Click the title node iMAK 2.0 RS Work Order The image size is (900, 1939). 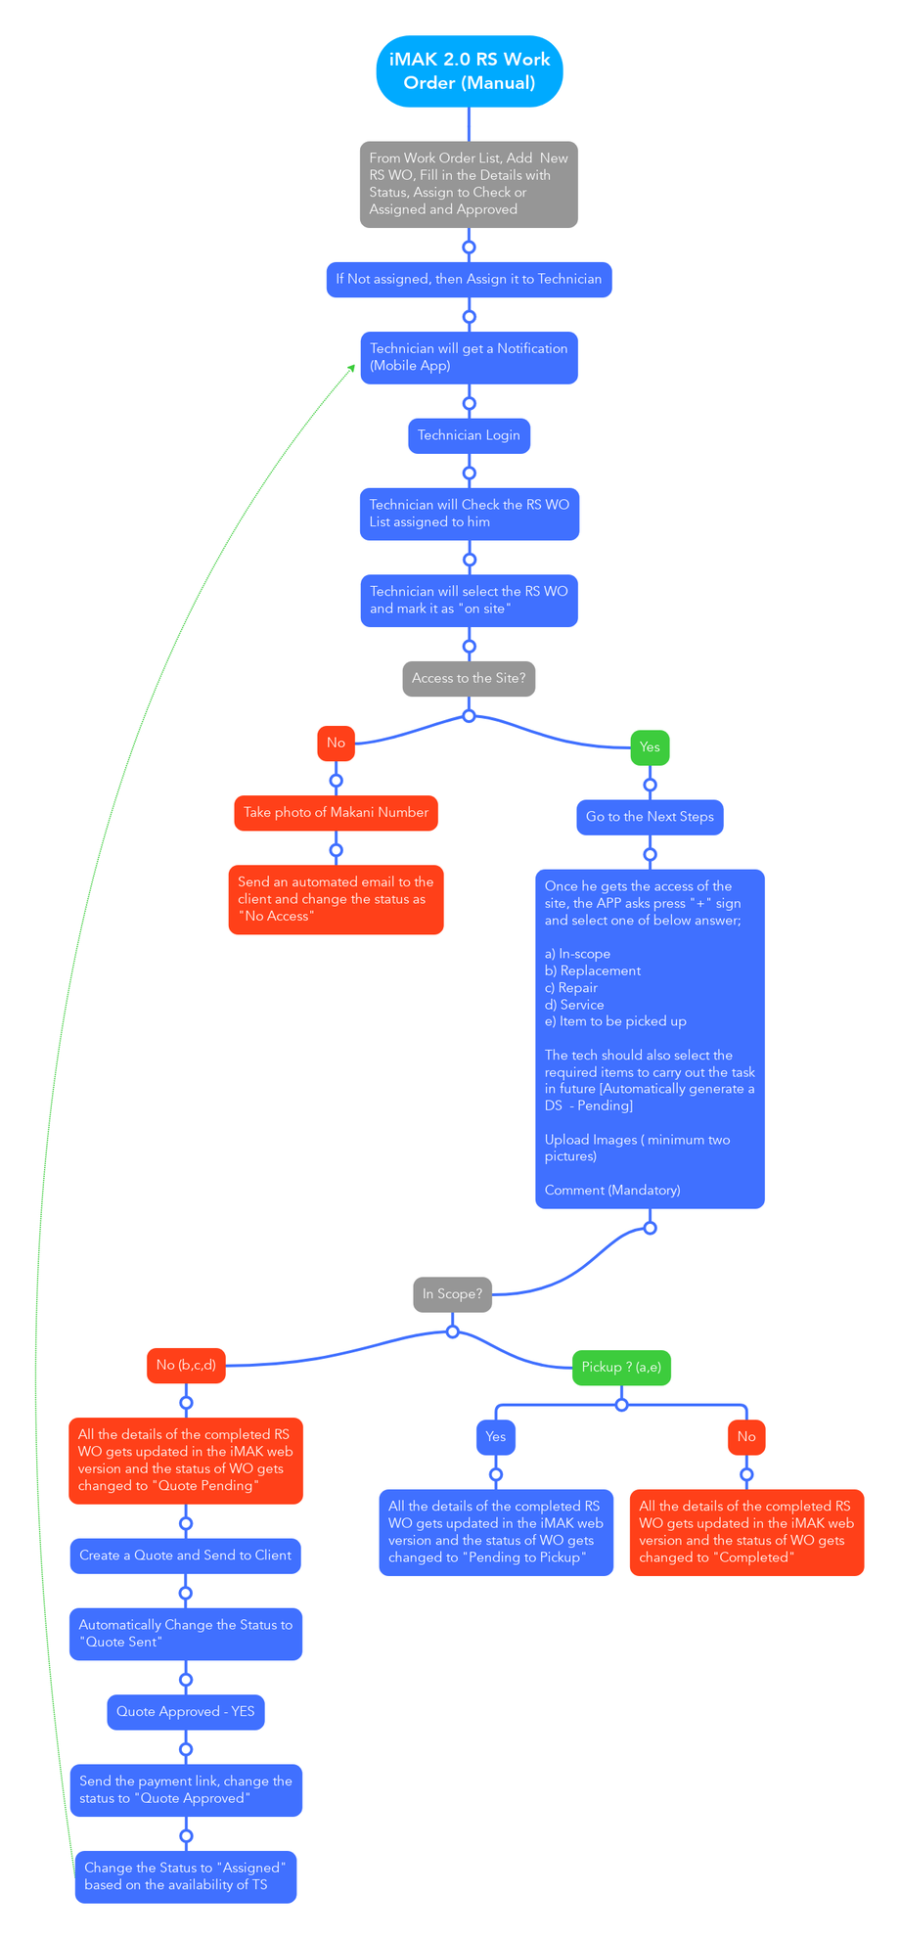[470, 71]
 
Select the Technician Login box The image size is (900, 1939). [470, 435]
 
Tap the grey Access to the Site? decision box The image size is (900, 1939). [470, 678]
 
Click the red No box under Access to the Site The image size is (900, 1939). [336, 743]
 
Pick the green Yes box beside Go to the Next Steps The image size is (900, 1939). [650, 746]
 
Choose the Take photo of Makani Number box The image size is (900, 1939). [336, 813]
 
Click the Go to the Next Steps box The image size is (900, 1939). [650, 817]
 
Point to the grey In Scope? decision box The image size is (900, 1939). [452, 1293]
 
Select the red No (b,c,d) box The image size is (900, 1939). [186, 1365]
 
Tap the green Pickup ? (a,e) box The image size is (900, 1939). [621, 1367]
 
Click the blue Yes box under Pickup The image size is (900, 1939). [496, 1436]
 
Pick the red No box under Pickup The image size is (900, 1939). [746, 1436]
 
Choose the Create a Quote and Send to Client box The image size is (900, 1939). [186, 1556]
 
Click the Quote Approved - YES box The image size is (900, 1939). [186, 1711]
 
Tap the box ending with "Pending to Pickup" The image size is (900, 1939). [496, 1532]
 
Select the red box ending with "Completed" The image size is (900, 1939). [746, 1532]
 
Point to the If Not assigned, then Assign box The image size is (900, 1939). [470, 280]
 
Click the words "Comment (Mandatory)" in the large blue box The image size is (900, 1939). [612, 1191]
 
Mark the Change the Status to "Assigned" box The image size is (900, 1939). [186, 1876]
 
